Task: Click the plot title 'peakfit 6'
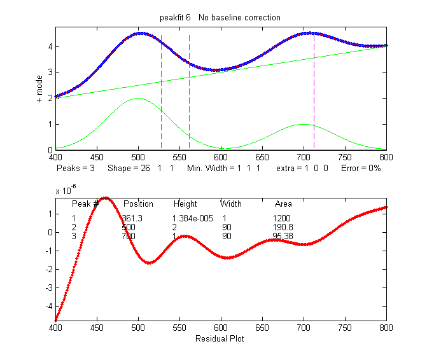click(175, 18)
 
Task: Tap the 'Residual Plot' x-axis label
click(220, 338)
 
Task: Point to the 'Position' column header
click(138, 204)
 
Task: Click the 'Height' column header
click(185, 204)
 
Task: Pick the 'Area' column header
click(283, 204)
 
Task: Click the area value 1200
click(282, 218)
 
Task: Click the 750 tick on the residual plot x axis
click(345, 331)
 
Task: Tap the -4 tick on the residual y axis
click(47, 305)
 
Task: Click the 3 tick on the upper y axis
click(49, 72)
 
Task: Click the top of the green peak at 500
click(138, 98)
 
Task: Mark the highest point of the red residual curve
click(106, 198)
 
